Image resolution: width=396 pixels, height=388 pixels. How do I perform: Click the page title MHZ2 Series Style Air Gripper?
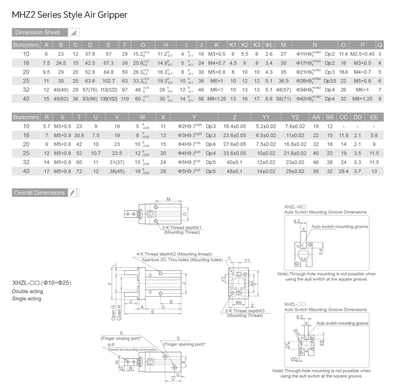click(69, 15)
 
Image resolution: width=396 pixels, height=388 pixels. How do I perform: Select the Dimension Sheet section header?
click(37, 32)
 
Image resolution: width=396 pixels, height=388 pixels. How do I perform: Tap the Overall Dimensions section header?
click(39, 193)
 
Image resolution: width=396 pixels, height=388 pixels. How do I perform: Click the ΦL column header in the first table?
click(269, 45)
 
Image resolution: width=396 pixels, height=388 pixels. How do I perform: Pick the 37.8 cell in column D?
click(90, 54)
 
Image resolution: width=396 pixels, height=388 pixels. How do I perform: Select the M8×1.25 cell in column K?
click(216, 99)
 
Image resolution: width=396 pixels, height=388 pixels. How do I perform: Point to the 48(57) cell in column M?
click(283, 90)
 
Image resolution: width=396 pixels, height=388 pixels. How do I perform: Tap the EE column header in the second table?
click(374, 117)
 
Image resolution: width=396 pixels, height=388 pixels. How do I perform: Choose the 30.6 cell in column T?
click(79, 135)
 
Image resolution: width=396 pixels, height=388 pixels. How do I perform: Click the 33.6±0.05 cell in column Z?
click(234, 153)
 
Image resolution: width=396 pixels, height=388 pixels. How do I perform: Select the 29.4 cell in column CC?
click(343, 171)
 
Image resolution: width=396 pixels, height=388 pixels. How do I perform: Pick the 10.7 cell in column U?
click(96, 153)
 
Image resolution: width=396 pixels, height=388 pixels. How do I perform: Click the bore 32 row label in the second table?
click(26, 162)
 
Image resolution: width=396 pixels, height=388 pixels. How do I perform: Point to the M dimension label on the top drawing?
click(168, 199)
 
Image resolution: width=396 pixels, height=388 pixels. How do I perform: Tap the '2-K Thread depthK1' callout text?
click(182, 227)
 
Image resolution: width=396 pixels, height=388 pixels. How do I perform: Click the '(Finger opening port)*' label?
click(184, 344)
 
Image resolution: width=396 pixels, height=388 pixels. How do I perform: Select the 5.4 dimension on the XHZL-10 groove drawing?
click(320, 251)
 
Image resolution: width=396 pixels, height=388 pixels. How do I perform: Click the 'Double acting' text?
click(27, 291)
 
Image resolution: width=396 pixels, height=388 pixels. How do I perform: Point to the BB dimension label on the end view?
click(238, 303)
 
